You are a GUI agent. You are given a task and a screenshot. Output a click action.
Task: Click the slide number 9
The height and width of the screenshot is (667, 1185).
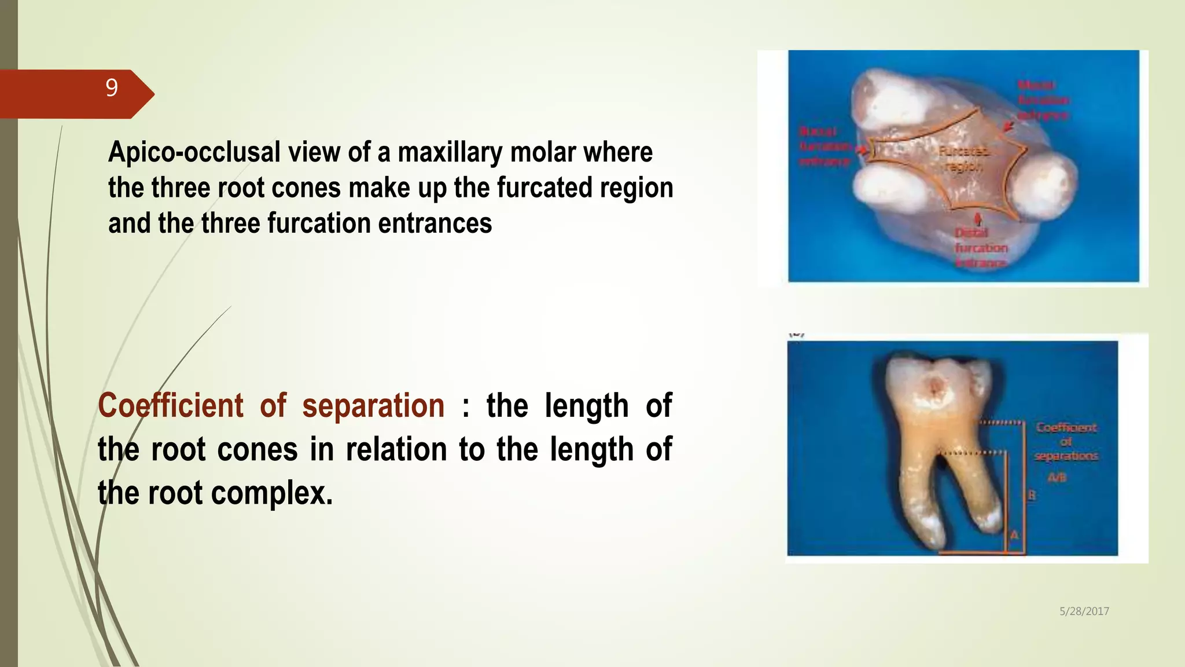coord(112,88)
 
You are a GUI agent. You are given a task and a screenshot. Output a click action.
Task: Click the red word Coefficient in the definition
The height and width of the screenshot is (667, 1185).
coord(171,405)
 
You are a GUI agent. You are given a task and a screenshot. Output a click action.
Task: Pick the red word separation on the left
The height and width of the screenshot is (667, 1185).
coord(373,405)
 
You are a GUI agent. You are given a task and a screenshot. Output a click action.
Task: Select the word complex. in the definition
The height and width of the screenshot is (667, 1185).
coord(272,493)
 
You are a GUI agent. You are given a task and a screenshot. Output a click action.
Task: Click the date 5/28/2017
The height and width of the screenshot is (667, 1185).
coord(1084,611)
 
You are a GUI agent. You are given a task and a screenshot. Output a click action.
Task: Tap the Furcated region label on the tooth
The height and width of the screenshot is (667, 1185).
coord(963,159)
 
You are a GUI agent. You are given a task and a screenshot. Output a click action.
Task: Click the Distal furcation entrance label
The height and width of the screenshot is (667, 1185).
coord(981,248)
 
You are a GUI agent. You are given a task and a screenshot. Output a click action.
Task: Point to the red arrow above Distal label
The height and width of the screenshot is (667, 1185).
coord(978,219)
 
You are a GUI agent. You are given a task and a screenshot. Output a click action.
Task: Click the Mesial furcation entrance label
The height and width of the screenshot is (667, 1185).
coord(1043,100)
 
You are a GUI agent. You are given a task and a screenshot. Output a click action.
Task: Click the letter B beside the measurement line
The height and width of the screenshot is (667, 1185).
coord(1032,495)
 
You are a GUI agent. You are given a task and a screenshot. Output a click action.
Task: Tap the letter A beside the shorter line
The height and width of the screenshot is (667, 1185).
coord(1014,535)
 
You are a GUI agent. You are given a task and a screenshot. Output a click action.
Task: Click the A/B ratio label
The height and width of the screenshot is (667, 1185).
coord(1057,478)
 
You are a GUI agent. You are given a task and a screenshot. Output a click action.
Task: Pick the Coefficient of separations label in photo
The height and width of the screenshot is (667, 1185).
coord(1066,442)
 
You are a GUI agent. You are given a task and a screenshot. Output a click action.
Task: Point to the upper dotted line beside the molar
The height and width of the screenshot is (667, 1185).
coord(1001,423)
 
